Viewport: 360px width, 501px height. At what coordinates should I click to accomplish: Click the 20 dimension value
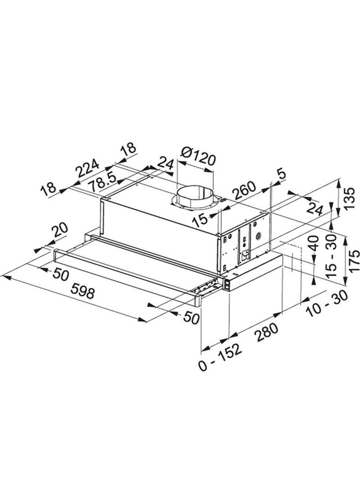(60, 230)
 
